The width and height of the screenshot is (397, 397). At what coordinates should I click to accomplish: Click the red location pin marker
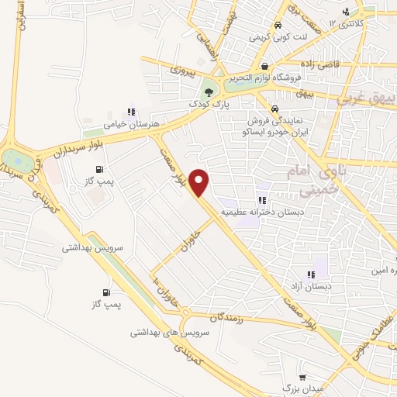tap(200, 182)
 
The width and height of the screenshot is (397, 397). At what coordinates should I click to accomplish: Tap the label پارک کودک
tap(207, 102)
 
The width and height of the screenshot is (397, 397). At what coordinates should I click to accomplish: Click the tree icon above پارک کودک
tap(207, 91)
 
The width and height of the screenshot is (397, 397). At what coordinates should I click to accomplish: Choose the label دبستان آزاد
tap(312, 285)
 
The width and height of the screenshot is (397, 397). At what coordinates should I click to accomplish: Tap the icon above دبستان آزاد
tap(312, 274)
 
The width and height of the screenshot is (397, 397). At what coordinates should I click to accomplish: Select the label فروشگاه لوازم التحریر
tap(266, 78)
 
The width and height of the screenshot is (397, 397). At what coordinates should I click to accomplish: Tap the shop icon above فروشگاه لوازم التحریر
tap(265, 67)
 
